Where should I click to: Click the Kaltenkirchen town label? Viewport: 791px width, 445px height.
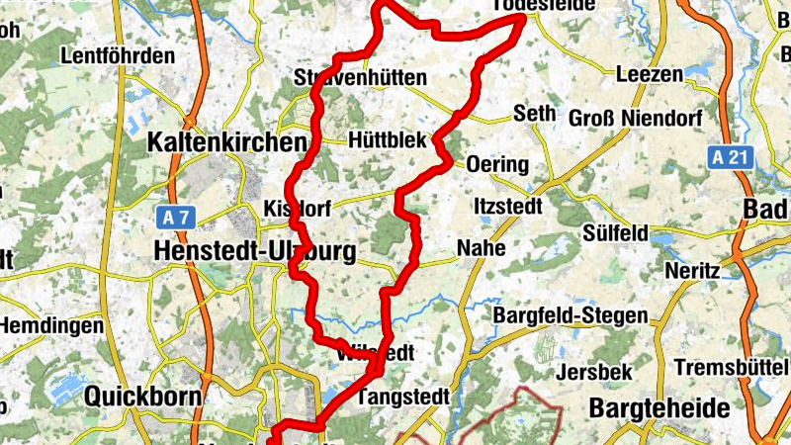click(x=226, y=142)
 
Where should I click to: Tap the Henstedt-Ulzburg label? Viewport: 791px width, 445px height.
click(x=254, y=252)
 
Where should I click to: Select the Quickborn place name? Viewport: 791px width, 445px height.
click(x=143, y=397)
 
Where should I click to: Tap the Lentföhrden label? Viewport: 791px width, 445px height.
click(x=117, y=56)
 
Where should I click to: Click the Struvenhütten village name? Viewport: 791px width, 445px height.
click(x=360, y=77)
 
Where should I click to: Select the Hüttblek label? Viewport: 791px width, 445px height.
click(x=388, y=141)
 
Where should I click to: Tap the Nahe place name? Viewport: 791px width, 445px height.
click(x=481, y=248)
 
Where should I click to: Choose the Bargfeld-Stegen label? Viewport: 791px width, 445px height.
click(x=571, y=316)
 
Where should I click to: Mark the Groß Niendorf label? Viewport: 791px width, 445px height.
click(x=636, y=119)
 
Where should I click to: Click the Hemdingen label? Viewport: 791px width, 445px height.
click(x=50, y=325)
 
